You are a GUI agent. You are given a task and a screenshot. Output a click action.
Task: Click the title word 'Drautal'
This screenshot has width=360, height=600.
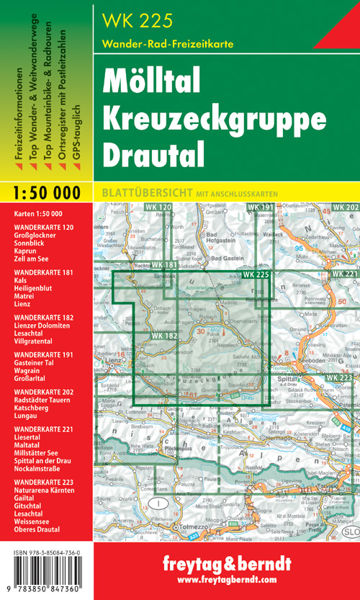[x=153, y=150]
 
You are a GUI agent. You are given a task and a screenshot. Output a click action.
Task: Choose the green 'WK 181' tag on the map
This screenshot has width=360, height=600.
[x=164, y=266]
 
